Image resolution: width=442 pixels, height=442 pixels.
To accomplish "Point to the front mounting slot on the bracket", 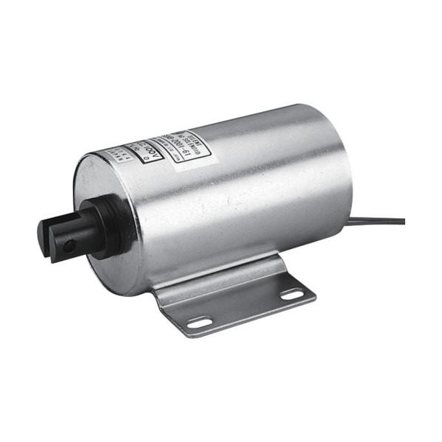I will (197, 322).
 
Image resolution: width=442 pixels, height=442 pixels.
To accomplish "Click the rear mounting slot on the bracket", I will (292, 295).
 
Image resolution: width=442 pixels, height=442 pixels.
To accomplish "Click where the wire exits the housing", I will (348, 222).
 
